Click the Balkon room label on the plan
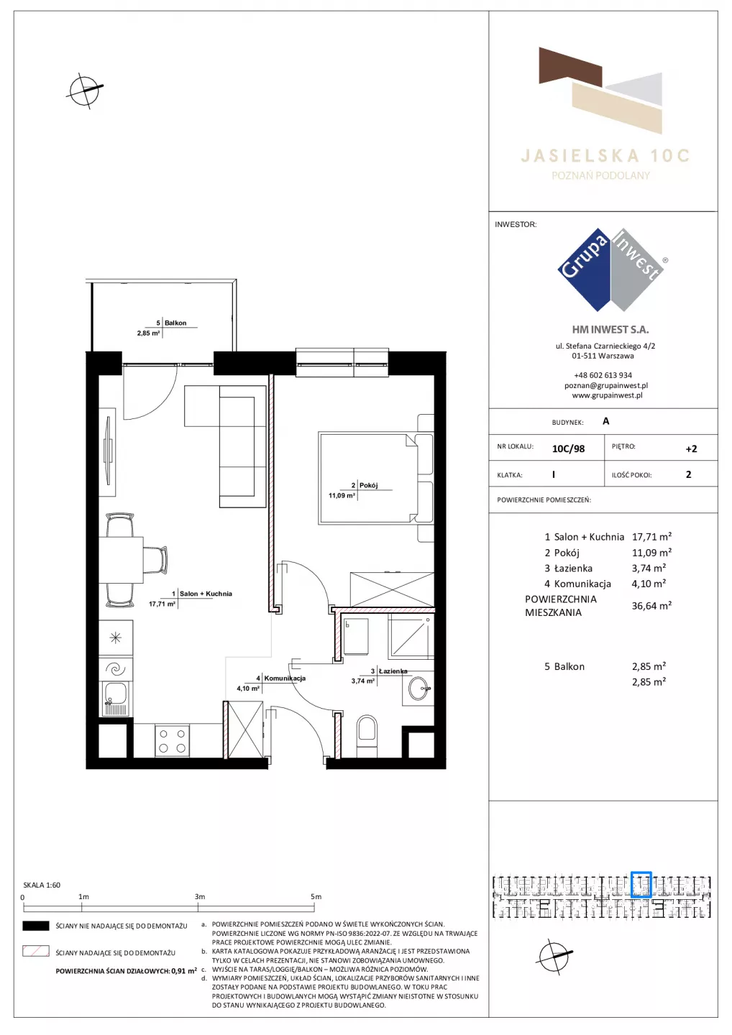[175, 323]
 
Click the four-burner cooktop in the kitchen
[172, 740]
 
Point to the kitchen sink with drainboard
[116, 699]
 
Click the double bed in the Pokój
[375, 478]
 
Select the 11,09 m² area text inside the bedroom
[342, 496]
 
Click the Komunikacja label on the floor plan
[285, 678]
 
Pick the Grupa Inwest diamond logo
[611, 270]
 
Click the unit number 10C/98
[568, 448]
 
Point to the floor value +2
[691, 448]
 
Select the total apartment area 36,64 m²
[651, 605]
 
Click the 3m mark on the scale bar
[198, 908]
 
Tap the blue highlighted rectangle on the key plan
[641, 884]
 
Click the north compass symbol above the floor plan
[85, 91]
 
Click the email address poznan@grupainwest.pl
[606, 385]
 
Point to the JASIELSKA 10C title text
[605, 156]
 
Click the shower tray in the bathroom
[411, 636]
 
